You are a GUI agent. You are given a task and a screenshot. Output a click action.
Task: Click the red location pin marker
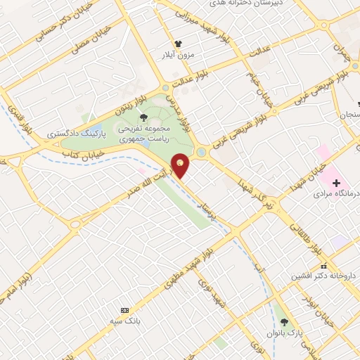click(181, 165)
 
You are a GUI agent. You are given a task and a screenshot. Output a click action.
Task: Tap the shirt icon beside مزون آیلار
click(179, 43)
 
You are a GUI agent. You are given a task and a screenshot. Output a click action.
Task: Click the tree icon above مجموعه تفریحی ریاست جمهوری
click(143, 118)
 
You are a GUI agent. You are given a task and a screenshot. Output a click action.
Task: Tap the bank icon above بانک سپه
click(125, 310)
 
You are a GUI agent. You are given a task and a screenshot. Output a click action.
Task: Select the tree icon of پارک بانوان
click(283, 321)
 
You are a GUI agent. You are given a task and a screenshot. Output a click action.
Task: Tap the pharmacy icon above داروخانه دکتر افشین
click(323, 266)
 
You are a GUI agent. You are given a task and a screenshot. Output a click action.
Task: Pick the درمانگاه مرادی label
click(335, 192)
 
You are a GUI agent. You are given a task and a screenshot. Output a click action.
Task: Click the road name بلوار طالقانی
click(307, 238)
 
